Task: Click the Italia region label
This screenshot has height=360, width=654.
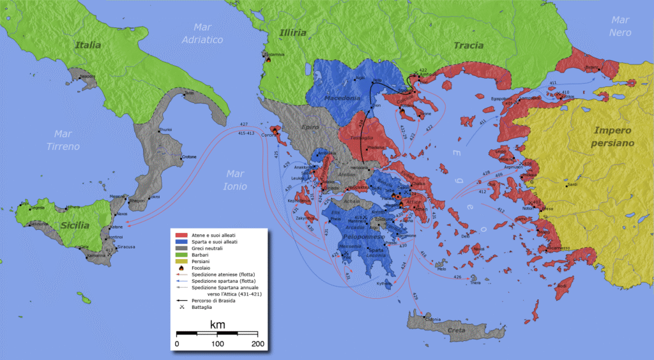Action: pyautogui.click(x=87, y=45)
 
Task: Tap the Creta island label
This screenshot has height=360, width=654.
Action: pyautogui.click(x=456, y=330)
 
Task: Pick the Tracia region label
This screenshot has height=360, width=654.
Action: pyautogui.click(x=468, y=45)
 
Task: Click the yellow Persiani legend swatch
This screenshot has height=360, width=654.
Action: pyautogui.click(x=181, y=262)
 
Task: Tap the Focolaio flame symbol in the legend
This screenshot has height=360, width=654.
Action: pyautogui.click(x=181, y=269)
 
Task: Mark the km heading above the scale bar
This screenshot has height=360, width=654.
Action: pyautogui.click(x=217, y=326)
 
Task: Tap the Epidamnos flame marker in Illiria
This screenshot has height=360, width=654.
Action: pyautogui.click(x=269, y=61)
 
